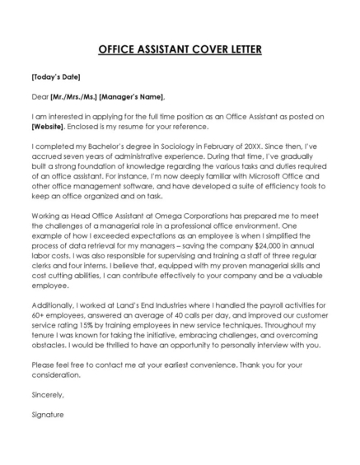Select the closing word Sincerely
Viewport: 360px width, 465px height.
47,394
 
